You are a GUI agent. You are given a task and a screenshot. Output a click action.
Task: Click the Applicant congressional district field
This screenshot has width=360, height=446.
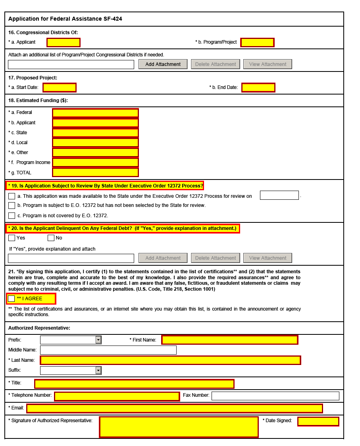click(64, 42)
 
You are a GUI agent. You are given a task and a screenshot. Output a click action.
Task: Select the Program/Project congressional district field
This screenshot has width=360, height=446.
click(257, 42)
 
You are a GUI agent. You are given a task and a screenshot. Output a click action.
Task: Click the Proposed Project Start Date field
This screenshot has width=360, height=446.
click(60, 87)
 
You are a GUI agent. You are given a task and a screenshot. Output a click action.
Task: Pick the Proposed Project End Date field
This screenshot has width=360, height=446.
click(258, 87)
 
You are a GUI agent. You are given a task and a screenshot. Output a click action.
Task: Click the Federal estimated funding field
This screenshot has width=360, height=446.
click(95, 113)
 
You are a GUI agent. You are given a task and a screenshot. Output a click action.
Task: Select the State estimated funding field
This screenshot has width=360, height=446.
click(95, 133)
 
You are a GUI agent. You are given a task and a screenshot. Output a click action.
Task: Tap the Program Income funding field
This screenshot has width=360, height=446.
click(95, 162)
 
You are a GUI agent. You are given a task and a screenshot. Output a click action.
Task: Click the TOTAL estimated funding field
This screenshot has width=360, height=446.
click(95, 173)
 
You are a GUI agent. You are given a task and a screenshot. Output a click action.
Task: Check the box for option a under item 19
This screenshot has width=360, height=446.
click(12, 196)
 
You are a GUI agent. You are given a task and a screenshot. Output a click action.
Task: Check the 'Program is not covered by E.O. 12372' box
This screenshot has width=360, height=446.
click(12, 216)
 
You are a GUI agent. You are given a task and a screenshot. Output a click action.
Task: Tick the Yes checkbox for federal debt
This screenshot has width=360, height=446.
click(12, 238)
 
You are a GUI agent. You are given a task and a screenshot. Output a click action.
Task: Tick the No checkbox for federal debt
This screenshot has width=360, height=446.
click(51, 238)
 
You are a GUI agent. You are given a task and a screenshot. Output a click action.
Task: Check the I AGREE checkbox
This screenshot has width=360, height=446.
click(12, 299)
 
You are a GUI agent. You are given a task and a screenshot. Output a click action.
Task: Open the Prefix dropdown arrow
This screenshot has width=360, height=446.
click(98, 340)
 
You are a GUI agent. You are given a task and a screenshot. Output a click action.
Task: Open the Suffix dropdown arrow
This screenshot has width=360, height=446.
click(98, 370)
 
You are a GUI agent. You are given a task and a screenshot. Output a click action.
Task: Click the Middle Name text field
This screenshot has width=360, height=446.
click(108, 350)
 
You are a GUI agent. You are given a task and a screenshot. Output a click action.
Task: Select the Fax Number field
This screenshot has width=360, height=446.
click(275, 396)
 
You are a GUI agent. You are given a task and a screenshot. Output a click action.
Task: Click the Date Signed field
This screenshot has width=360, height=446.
click(318, 421)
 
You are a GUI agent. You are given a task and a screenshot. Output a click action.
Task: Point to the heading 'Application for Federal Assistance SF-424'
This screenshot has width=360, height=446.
click(65, 19)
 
